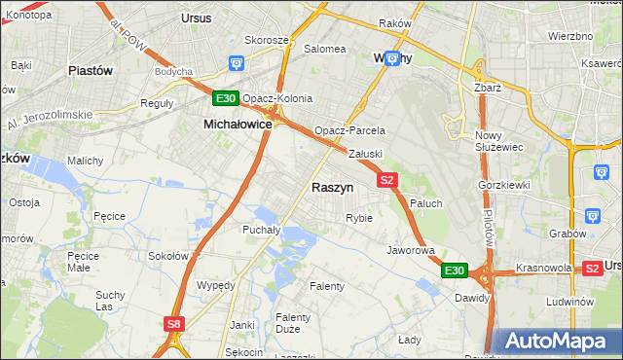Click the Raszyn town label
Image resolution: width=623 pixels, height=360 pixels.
332,187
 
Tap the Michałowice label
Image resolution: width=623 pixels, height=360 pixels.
238,125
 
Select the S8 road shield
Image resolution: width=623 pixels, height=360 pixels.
173,324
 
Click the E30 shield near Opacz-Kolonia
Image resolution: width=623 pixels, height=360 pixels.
226,98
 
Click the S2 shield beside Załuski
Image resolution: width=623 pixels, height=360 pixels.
387,180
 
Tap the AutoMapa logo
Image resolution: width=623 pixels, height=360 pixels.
557,342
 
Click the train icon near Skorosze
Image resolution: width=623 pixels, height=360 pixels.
236,64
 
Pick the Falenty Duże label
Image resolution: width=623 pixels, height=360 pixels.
292,324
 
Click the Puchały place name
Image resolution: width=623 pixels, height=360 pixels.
261,231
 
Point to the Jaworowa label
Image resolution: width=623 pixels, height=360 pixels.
410,250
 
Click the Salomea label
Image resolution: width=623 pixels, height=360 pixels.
325,48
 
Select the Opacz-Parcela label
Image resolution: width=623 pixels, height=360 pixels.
349,130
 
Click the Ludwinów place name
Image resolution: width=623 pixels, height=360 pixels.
570,302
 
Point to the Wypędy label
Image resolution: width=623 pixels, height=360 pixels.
216,285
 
